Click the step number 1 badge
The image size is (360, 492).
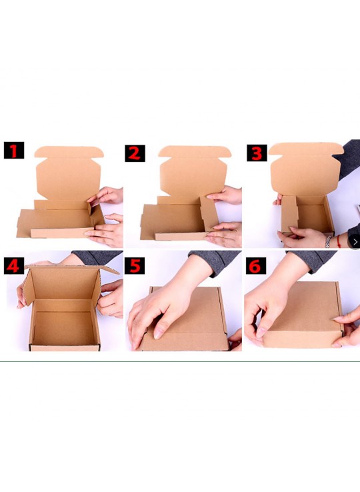[13, 151]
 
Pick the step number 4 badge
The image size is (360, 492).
[13, 265]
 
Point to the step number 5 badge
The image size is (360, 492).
[135, 266]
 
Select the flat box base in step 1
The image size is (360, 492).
[53, 220]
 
